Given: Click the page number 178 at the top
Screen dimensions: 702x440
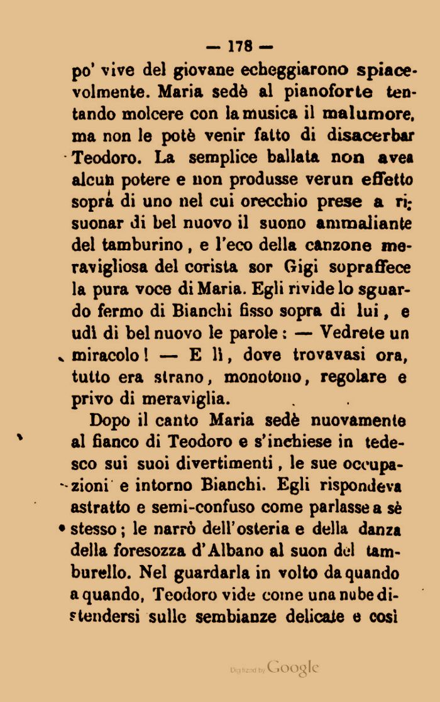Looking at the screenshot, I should coord(240,46).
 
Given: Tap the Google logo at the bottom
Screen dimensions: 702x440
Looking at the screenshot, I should coord(294,667).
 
